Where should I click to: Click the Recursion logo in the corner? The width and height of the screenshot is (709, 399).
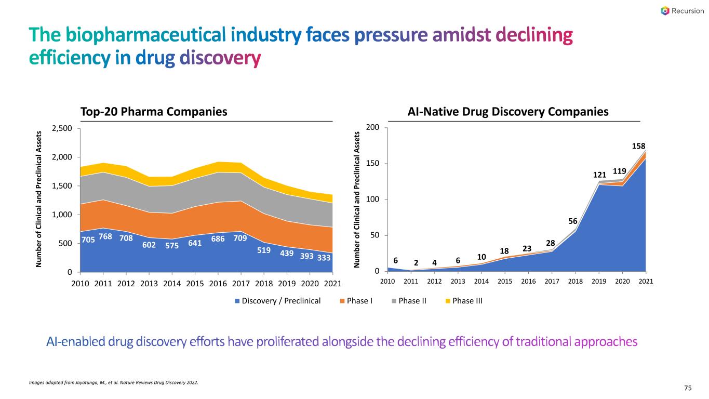coord(681,11)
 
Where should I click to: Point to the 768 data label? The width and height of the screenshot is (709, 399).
coord(105,236)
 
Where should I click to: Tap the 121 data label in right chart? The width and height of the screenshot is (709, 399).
coord(600,175)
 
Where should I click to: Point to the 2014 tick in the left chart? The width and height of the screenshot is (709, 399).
coord(172,283)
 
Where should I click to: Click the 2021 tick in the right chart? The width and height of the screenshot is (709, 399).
coord(646,282)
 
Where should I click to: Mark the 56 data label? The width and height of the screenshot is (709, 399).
coord(573,221)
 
